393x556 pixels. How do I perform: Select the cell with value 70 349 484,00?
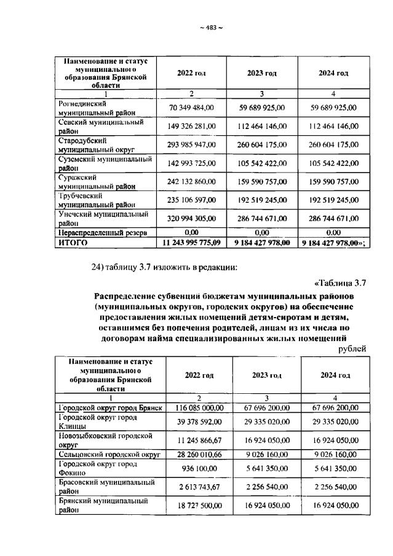click(191, 108)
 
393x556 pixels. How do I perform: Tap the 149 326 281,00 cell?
click(191, 126)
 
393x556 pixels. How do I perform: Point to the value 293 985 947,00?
click(191, 144)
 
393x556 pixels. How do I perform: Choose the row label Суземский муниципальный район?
click(104, 163)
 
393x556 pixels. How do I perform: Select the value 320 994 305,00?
click(191, 219)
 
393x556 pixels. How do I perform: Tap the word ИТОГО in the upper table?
click(73, 243)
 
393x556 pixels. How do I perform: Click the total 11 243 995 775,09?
click(191, 243)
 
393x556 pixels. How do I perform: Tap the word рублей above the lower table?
click(352, 348)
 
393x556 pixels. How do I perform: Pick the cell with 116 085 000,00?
click(199, 407)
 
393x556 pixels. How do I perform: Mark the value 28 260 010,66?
click(199, 454)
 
